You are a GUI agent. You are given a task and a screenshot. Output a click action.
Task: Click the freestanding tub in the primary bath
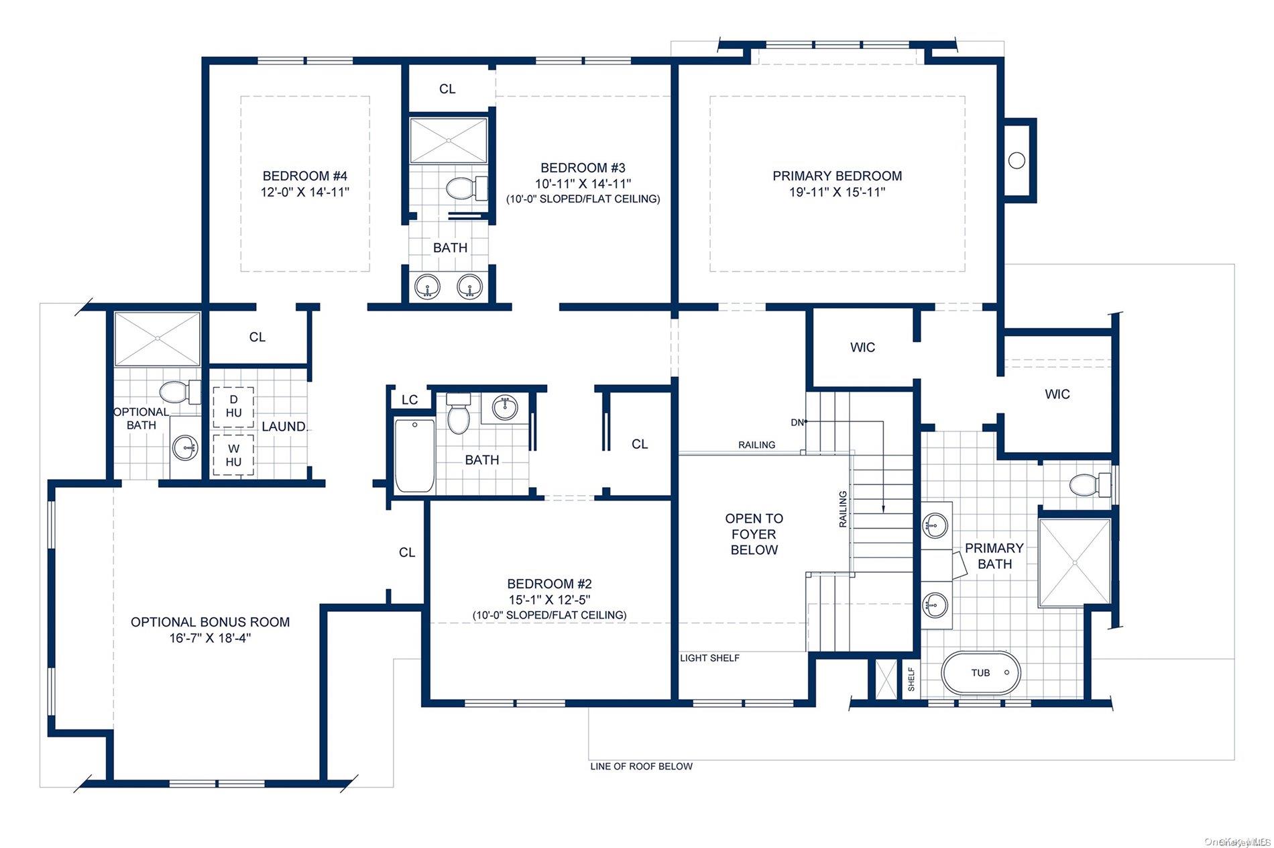(981, 673)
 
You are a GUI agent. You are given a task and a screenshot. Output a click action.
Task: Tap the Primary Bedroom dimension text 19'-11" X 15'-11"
(837, 193)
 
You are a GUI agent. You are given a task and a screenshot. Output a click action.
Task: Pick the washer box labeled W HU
(233, 456)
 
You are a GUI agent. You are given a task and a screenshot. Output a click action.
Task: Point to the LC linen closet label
(409, 400)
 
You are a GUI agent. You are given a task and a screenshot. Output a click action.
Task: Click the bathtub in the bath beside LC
(414, 456)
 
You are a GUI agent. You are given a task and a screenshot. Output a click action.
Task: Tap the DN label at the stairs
(797, 422)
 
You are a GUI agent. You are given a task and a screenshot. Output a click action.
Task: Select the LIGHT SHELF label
(709, 658)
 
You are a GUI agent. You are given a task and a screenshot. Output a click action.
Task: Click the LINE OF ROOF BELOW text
(641, 766)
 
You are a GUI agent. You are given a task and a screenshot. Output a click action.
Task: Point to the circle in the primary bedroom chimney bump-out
(1017, 160)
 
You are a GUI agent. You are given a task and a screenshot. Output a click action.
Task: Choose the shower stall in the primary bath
(1074, 562)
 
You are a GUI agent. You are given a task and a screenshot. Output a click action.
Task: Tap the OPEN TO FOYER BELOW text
(754, 534)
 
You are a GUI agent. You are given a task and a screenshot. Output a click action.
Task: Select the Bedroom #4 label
(305, 176)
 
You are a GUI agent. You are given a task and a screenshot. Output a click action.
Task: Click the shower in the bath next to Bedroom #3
(449, 140)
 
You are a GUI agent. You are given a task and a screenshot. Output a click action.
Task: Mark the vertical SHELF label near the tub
(911, 679)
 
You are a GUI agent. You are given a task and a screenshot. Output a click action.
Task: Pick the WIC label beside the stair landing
(862, 348)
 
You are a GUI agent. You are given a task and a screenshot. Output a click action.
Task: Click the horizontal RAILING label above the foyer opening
(756, 445)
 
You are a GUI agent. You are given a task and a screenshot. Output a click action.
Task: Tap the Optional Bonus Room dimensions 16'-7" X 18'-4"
(210, 638)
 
